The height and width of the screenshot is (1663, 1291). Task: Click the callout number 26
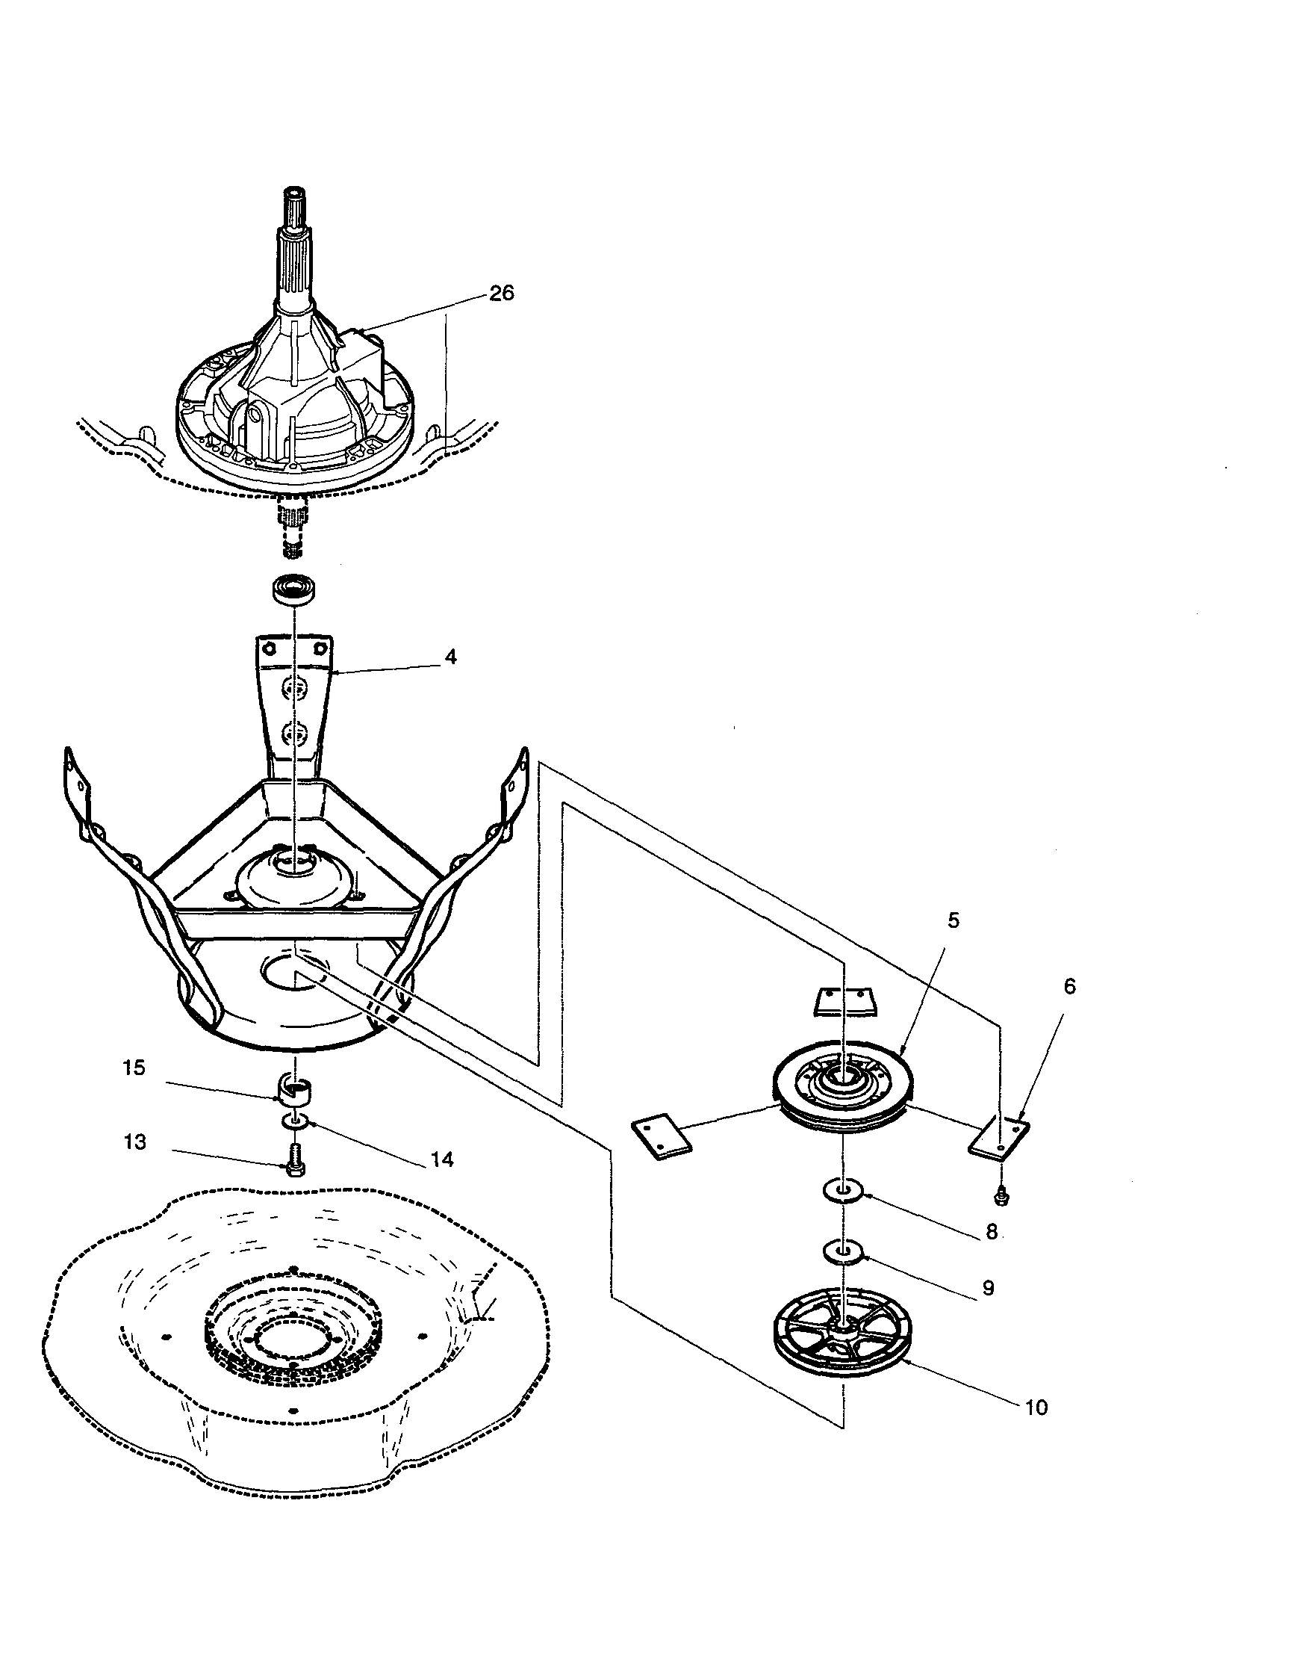502,293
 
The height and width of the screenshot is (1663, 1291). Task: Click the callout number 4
451,657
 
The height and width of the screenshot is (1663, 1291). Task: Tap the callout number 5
954,920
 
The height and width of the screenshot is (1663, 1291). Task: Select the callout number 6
1069,987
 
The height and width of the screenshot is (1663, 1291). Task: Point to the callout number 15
134,1068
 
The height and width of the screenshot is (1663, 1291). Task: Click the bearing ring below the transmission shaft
294,590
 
